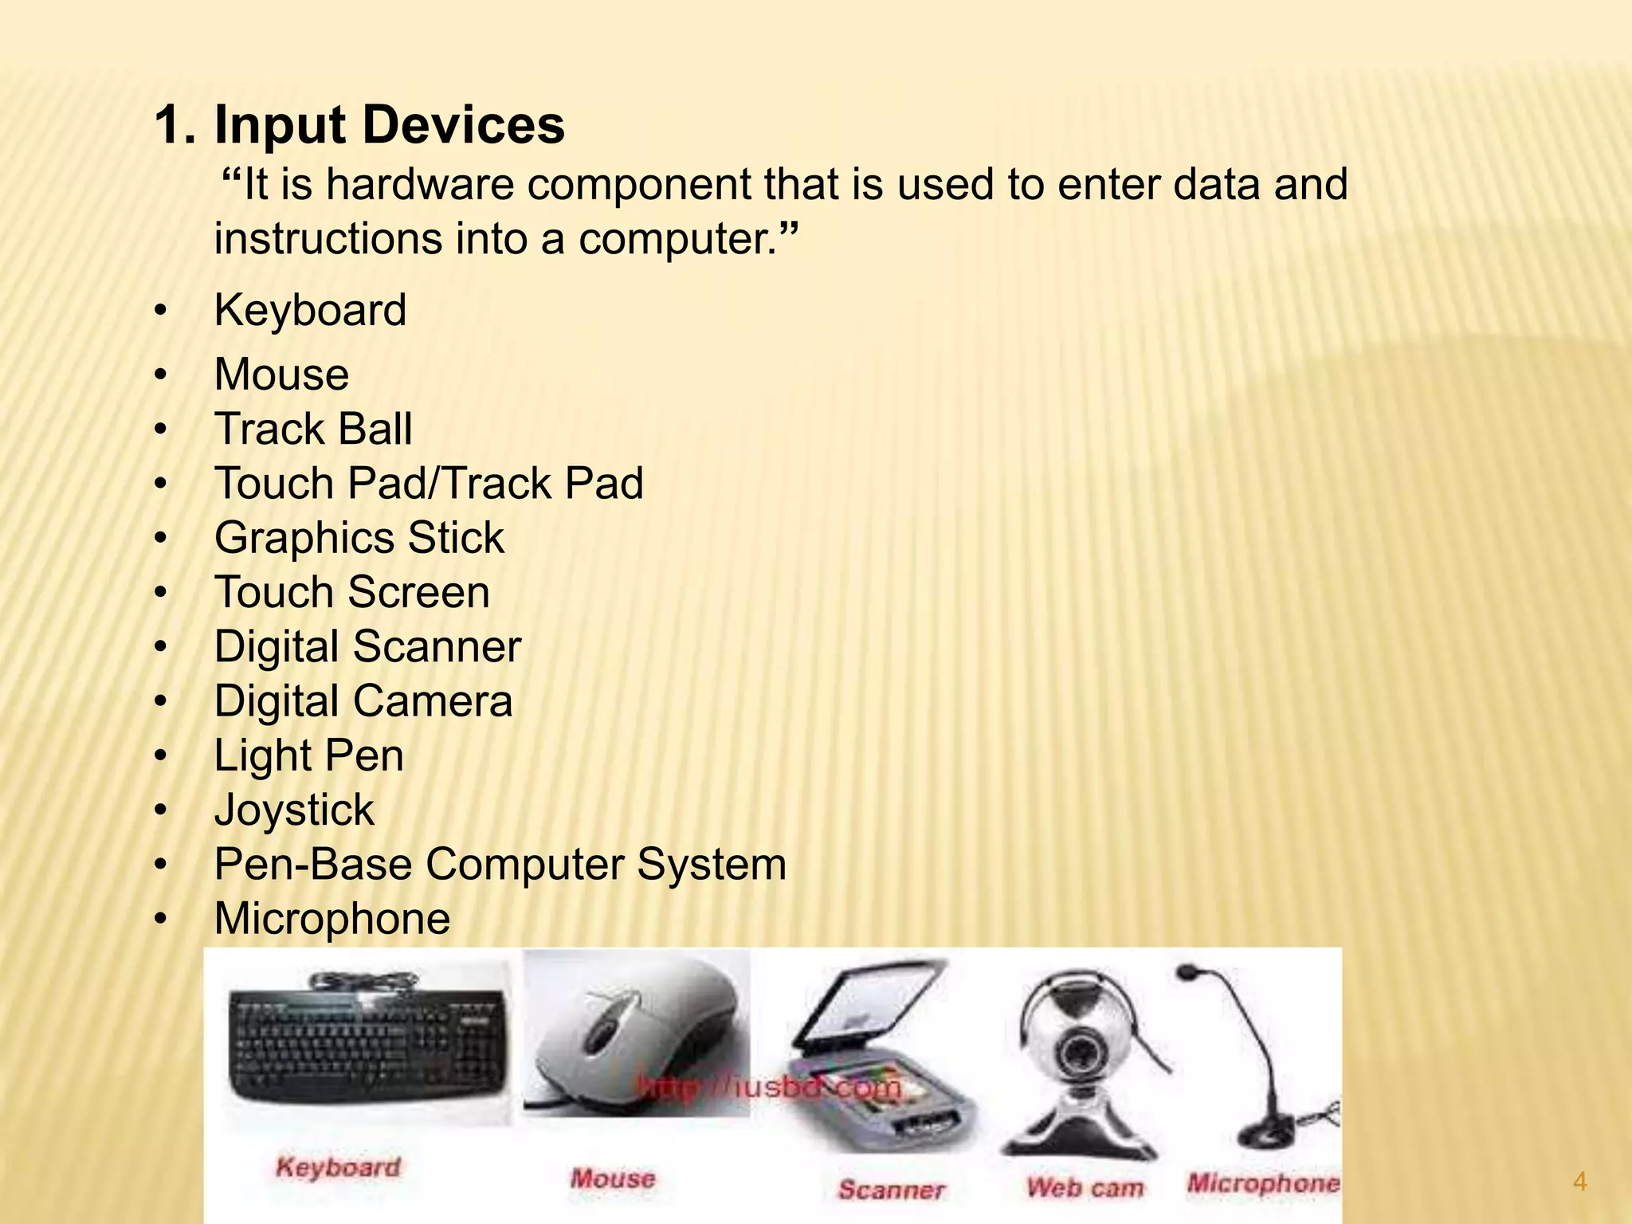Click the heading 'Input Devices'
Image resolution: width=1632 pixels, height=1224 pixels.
click(x=389, y=125)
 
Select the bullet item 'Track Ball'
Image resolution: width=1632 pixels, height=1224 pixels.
click(x=313, y=429)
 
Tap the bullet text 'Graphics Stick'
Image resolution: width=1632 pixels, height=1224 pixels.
click(x=359, y=538)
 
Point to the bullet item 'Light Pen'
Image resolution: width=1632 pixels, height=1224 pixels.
click(x=308, y=755)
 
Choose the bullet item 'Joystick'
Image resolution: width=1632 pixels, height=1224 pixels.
click(x=294, y=810)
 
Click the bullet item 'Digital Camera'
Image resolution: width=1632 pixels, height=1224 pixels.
click(x=363, y=701)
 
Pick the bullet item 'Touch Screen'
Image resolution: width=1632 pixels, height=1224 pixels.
click(x=351, y=592)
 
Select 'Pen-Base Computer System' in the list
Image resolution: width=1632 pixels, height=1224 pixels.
click(x=500, y=864)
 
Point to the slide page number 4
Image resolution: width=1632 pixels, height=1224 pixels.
click(x=1580, y=1182)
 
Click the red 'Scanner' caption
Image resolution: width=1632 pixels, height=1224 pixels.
click(x=891, y=1190)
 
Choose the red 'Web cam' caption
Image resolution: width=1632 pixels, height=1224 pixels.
click(x=1085, y=1187)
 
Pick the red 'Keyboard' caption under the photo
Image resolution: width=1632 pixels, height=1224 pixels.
click(x=338, y=1167)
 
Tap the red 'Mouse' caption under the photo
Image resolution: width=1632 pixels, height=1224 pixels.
click(x=613, y=1178)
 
